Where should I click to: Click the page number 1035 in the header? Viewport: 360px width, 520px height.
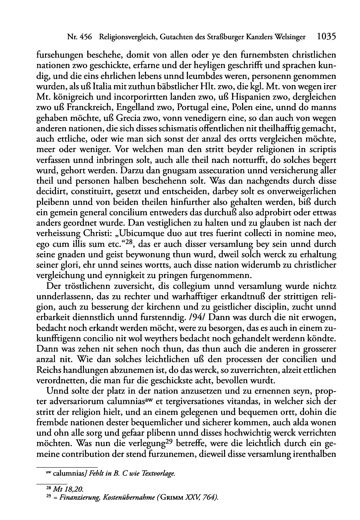(326, 37)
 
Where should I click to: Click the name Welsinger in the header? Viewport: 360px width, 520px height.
(290, 37)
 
